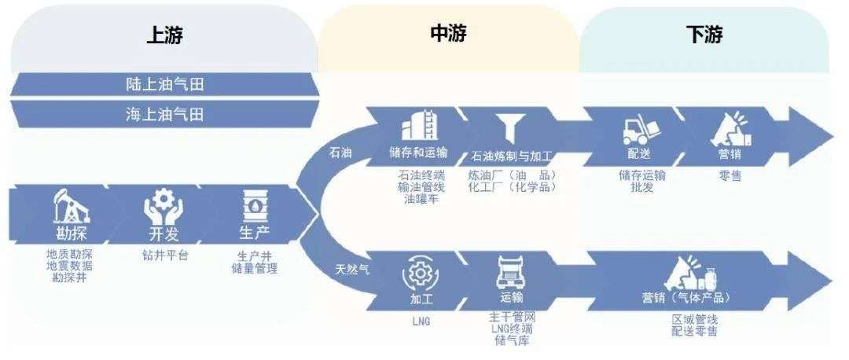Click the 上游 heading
click(x=165, y=36)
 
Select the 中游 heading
click(x=449, y=33)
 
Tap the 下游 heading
click(x=704, y=35)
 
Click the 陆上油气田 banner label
click(x=164, y=84)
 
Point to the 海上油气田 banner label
click(x=164, y=114)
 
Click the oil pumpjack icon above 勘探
click(x=71, y=207)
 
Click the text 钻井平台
click(x=160, y=255)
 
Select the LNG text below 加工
click(x=420, y=321)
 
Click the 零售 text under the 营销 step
click(x=730, y=176)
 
